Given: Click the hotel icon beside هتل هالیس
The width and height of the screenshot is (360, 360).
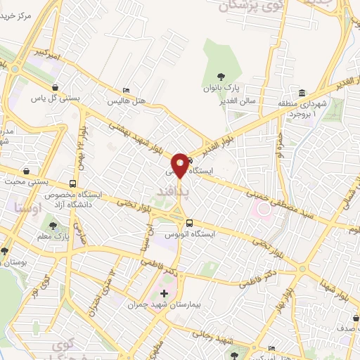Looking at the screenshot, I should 126,91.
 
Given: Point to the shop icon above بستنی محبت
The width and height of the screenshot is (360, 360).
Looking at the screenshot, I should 27,171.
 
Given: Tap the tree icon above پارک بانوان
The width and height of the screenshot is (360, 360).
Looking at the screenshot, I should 221,77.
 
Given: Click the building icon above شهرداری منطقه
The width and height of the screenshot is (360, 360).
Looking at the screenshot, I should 302,94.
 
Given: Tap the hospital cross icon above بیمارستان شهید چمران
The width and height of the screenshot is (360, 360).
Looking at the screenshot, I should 165,293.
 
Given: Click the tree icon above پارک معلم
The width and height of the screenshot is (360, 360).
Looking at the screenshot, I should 53,226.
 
